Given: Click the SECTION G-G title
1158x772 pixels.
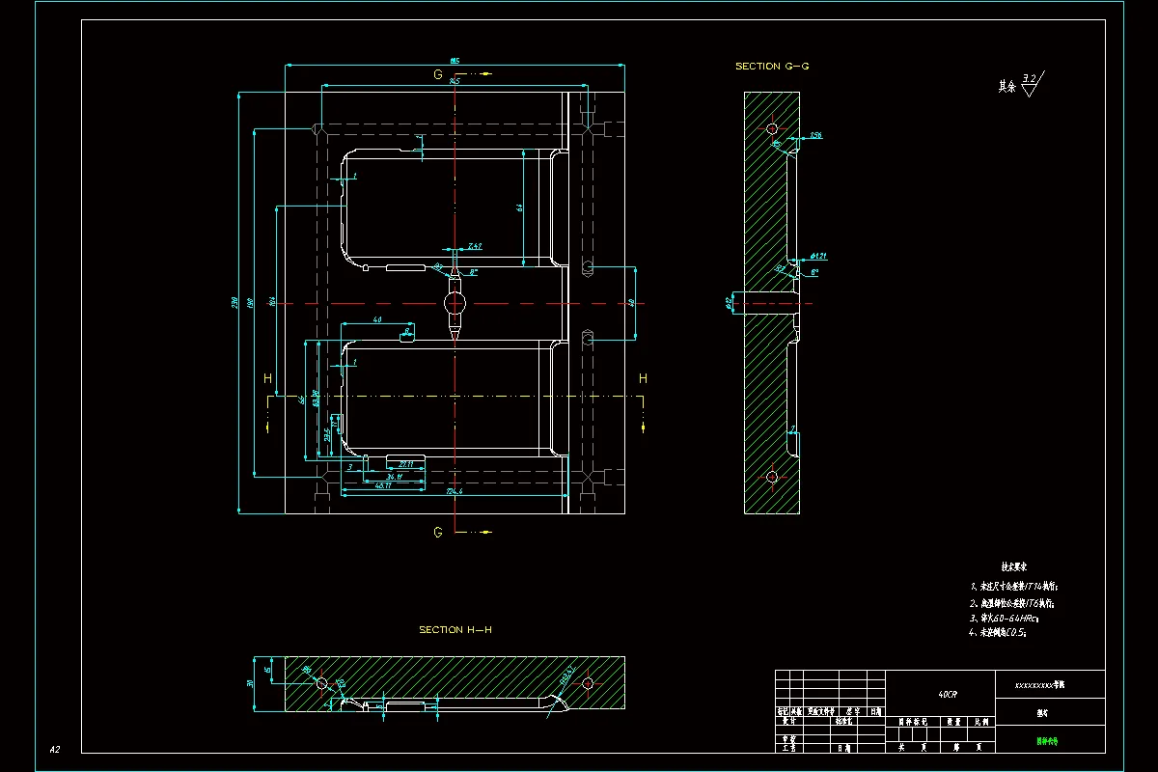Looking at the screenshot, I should click(771, 67).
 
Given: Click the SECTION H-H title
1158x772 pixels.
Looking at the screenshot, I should click(455, 630).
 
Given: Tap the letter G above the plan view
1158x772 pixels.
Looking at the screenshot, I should click(438, 74).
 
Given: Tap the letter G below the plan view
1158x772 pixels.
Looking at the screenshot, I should click(438, 532).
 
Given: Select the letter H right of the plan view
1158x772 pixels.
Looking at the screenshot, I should click(643, 377).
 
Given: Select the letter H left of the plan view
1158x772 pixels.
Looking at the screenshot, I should click(267, 377).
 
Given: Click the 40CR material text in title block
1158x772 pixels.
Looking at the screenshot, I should click(948, 694).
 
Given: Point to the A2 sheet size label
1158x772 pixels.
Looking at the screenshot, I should click(55, 749).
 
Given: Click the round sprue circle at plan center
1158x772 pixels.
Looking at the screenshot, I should click(455, 304).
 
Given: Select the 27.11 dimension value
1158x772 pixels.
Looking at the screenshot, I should click(405, 465).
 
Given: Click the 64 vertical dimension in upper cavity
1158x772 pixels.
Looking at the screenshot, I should click(518, 207).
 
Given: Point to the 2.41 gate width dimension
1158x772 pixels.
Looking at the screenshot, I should click(474, 247).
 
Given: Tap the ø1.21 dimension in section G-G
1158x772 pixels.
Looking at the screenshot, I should click(818, 256).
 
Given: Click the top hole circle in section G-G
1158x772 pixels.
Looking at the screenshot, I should click(771, 128).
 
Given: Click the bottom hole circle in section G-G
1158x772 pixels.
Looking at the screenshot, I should click(771, 476).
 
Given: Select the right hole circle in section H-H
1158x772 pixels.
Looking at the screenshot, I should click(588, 682).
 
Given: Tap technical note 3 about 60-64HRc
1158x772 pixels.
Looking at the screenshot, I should click(1004, 618).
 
